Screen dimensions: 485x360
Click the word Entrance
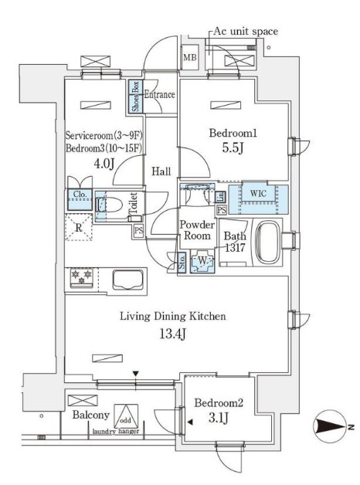(159, 95)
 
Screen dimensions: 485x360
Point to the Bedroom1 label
(233, 134)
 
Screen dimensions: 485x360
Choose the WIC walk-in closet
(257, 193)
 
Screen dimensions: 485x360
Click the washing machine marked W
(202, 261)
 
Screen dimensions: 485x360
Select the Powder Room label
(196, 231)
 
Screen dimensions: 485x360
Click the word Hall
(161, 171)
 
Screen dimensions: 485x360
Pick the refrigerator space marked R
(78, 228)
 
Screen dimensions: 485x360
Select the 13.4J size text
(171, 334)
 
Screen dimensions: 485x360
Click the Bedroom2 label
(219, 403)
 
